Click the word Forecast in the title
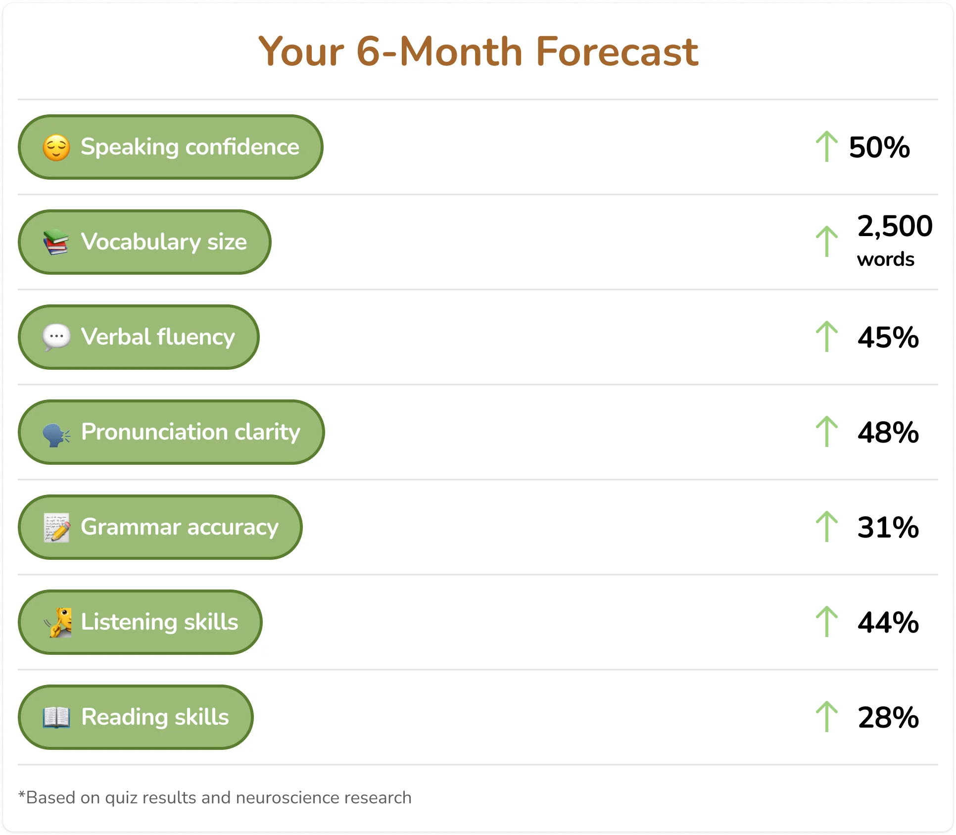(x=617, y=51)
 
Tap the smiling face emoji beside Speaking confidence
(x=56, y=147)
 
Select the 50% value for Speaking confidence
(x=879, y=147)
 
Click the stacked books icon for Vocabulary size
(x=56, y=242)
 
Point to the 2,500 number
(x=895, y=226)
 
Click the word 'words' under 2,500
(x=886, y=259)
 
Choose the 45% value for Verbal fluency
(x=888, y=338)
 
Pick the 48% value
(x=888, y=433)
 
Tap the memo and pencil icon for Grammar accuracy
(x=56, y=528)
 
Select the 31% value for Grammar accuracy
(x=888, y=528)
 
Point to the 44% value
(x=888, y=623)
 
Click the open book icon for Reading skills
(x=56, y=718)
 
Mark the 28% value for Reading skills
(x=888, y=718)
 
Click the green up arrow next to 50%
(x=826, y=147)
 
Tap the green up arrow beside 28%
(x=826, y=717)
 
